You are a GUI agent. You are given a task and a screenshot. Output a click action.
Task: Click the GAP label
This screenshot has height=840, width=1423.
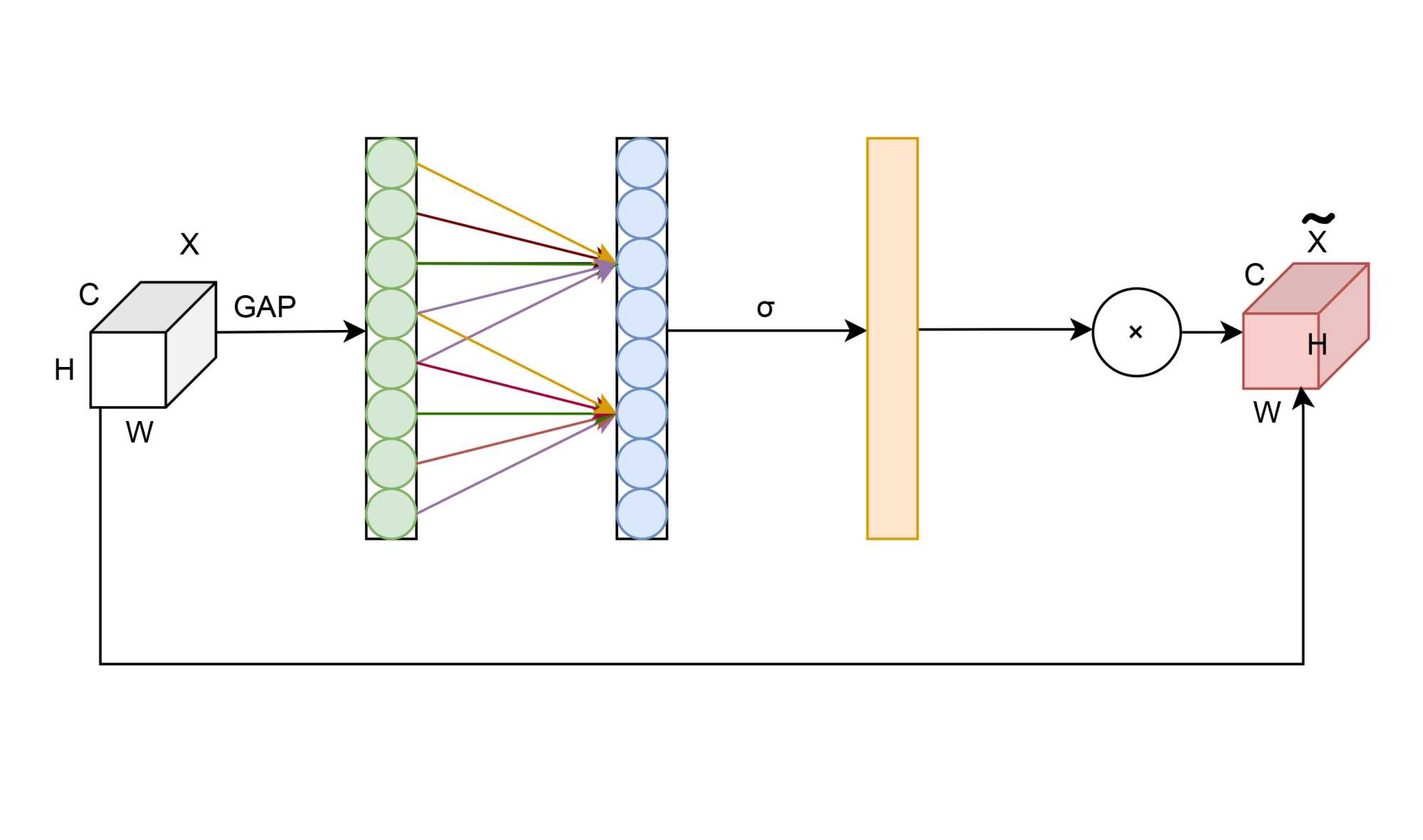(265, 307)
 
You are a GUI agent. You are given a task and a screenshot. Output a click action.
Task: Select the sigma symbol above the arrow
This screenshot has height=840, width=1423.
(766, 308)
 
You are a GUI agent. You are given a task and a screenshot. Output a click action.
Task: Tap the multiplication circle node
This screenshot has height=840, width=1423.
(1136, 331)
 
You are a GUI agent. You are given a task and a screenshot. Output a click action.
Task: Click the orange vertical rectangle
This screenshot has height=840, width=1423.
(892, 339)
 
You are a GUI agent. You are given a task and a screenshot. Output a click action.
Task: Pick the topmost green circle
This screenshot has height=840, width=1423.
(391, 163)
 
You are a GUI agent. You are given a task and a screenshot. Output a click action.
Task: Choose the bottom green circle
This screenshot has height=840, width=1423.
(391, 514)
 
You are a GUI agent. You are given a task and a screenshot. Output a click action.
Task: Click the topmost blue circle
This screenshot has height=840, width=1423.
(642, 163)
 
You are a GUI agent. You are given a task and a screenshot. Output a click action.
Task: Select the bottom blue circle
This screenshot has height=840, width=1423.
(642, 514)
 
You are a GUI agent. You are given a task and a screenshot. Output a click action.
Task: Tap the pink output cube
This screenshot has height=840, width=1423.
(1281, 350)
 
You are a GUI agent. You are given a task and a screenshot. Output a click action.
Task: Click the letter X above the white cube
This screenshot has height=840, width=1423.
(189, 244)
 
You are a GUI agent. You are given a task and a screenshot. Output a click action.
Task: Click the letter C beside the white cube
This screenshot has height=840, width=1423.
(89, 294)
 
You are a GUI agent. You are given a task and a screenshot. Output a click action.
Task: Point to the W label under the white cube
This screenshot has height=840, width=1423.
(139, 432)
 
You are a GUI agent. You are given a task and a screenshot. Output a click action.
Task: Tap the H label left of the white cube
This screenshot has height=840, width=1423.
(64, 370)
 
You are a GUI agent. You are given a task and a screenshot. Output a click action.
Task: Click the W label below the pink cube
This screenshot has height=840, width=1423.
(1267, 413)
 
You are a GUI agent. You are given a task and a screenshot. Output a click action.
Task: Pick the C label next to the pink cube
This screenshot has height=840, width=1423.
(1254, 275)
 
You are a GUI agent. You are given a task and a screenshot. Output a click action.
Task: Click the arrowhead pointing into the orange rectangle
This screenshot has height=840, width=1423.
(856, 331)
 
